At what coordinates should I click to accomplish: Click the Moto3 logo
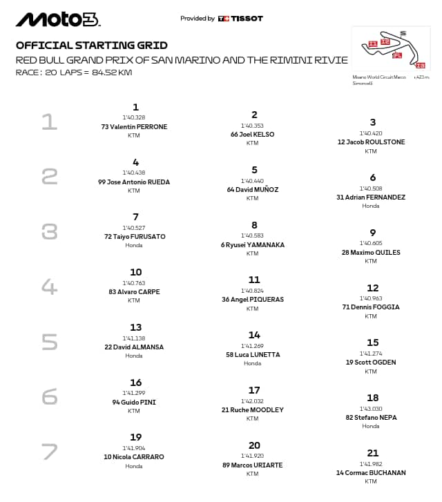[x=57, y=19]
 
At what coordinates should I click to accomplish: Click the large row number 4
[x=49, y=286]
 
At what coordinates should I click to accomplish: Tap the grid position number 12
[x=372, y=288]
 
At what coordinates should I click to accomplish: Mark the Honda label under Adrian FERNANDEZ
[x=371, y=206]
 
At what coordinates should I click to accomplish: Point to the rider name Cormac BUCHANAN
[x=371, y=473]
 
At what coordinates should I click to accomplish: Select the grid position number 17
[x=254, y=390]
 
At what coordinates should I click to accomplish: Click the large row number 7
[x=49, y=452]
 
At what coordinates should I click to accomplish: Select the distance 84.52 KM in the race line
[x=108, y=72]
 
